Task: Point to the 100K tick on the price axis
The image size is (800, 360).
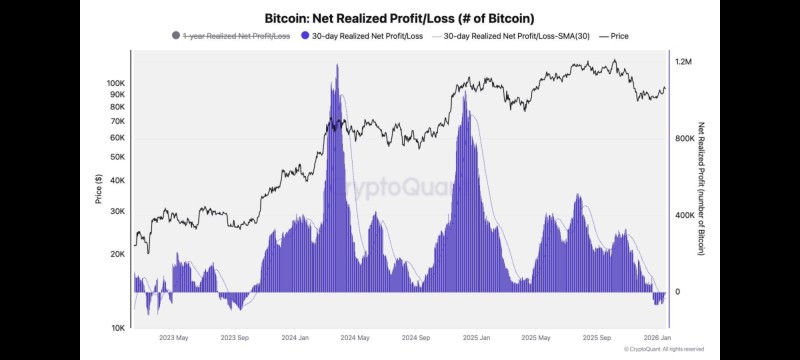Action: coord(115,83)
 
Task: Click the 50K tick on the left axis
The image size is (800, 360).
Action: coord(117,157)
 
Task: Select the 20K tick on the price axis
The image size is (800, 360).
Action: coord(117,254)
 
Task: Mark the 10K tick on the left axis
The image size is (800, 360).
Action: coord(117,328)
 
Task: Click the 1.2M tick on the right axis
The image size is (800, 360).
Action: coord(683,62)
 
